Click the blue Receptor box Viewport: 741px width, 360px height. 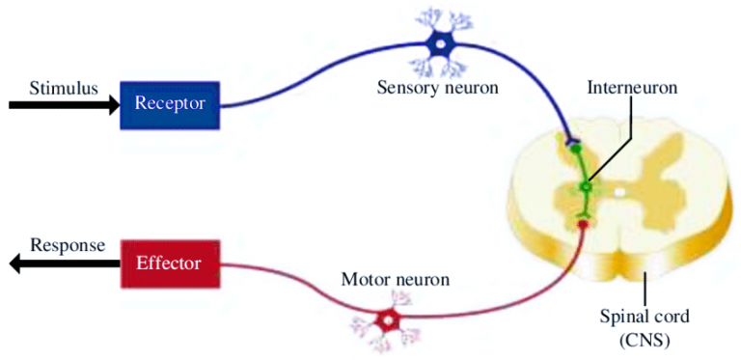point(170,103)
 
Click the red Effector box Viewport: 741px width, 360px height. point(170,261)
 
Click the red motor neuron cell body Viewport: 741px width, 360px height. point(389,319)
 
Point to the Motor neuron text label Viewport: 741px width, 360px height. point(396,280)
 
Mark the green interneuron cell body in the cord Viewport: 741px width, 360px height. point(584,185)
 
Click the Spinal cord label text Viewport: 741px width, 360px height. point(645,317)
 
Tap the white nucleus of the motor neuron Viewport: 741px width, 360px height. point(389,319)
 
